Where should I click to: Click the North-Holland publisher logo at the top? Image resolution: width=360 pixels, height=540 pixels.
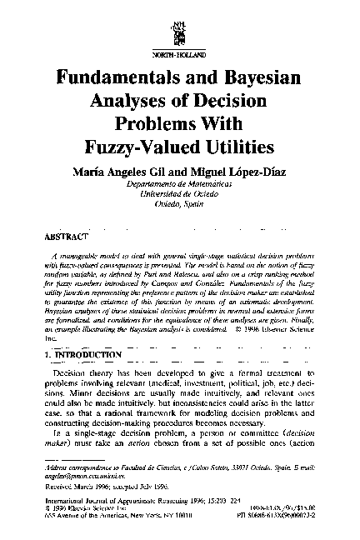click(x=180, y=26)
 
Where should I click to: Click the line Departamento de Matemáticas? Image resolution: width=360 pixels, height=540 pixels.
click(x=180, y=183)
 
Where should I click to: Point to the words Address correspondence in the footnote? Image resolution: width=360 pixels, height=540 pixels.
click(x=78, y=469)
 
